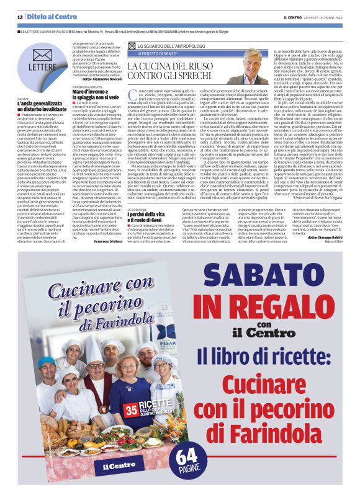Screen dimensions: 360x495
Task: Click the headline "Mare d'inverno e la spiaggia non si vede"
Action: [94, 94]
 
